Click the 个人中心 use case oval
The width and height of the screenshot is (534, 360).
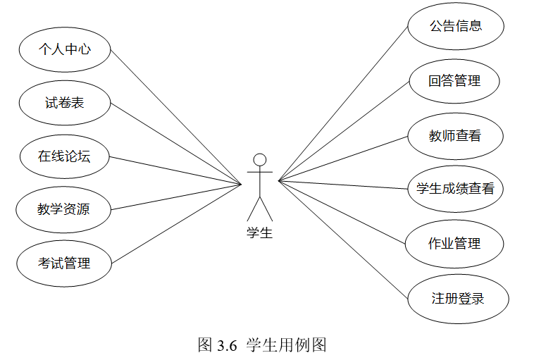coord(64,49)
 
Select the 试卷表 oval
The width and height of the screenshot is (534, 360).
coord(64,103)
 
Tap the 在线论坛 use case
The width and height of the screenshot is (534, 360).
coord(64,156)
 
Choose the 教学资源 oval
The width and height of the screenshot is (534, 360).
coord(64,209)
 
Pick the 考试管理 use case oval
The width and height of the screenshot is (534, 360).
coord(64,263)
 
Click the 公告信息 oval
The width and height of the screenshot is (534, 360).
coord(456,27)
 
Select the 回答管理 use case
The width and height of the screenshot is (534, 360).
coord(454,81)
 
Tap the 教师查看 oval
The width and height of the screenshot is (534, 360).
coord(455,135)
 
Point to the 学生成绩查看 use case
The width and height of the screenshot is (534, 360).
coord(455,189)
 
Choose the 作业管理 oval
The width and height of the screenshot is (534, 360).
coord(454,244)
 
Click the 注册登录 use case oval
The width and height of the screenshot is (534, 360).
coord(458,298)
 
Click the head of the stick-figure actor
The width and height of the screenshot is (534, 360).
coord(260,159)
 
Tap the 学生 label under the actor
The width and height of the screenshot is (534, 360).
coord(259,233)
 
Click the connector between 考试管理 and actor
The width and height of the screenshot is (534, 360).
coord(176,223)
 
